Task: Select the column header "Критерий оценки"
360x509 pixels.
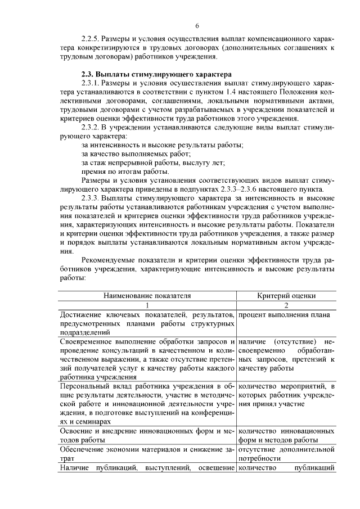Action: (x=287, y=295)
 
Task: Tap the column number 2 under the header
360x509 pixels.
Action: (x=287, y=304)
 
